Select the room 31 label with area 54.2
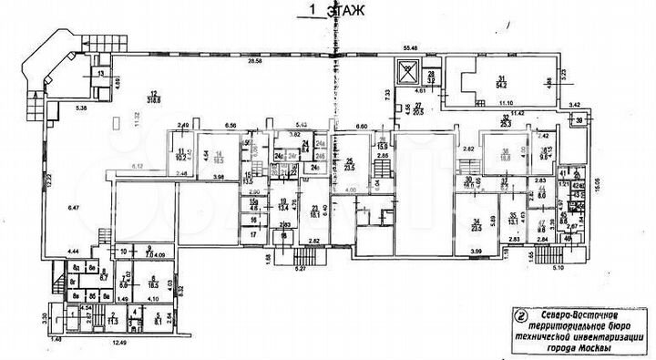[x=500, y=82]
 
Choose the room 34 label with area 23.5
[x=475, y=225]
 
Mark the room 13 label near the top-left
[x=100, y=72]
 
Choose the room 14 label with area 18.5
[x=218, y=157]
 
